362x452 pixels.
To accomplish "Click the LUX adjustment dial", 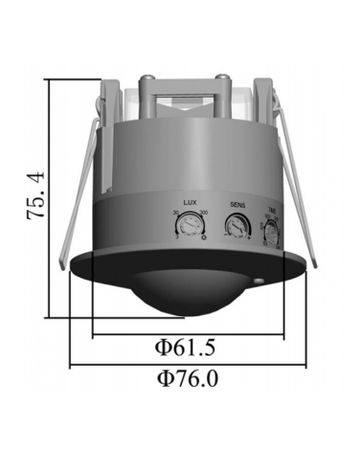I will (x=187, y=227).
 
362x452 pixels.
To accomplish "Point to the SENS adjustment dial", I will (x=236, y=227).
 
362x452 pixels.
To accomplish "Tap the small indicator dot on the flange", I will (x=260, y=280).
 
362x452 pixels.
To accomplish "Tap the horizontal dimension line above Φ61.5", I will (x=188, y=335).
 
